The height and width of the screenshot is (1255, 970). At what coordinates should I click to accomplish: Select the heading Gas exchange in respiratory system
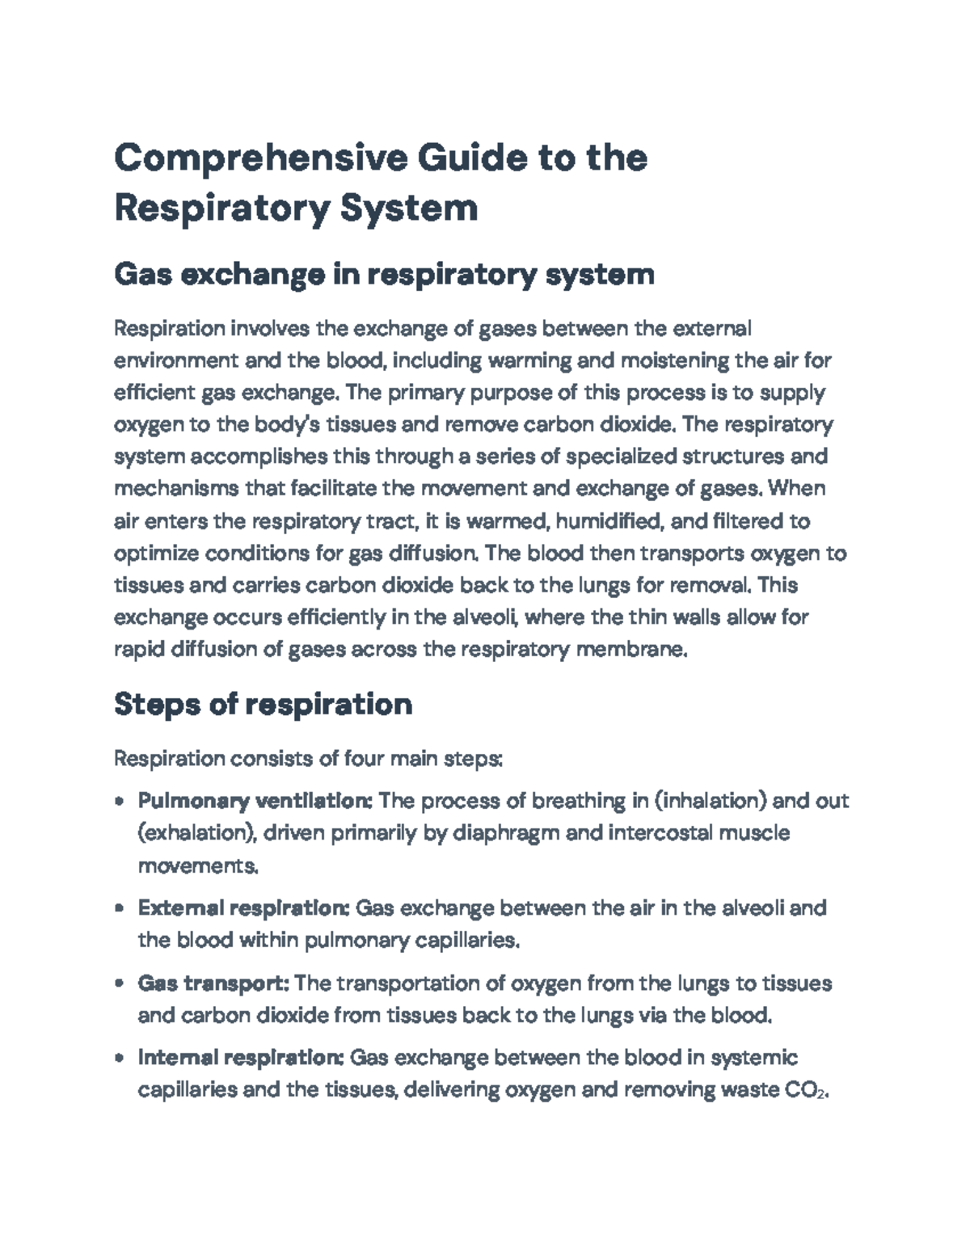click(x=384, y=275)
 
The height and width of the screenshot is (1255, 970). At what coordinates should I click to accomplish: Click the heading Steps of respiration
click(x=263, y=704)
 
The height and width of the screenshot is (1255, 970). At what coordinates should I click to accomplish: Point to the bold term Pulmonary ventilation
click(x=255, y=801)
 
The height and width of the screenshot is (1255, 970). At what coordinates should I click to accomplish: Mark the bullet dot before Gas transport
click(x=120, y=984)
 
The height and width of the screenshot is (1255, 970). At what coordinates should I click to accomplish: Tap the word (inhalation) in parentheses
click(x=709, y=801)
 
